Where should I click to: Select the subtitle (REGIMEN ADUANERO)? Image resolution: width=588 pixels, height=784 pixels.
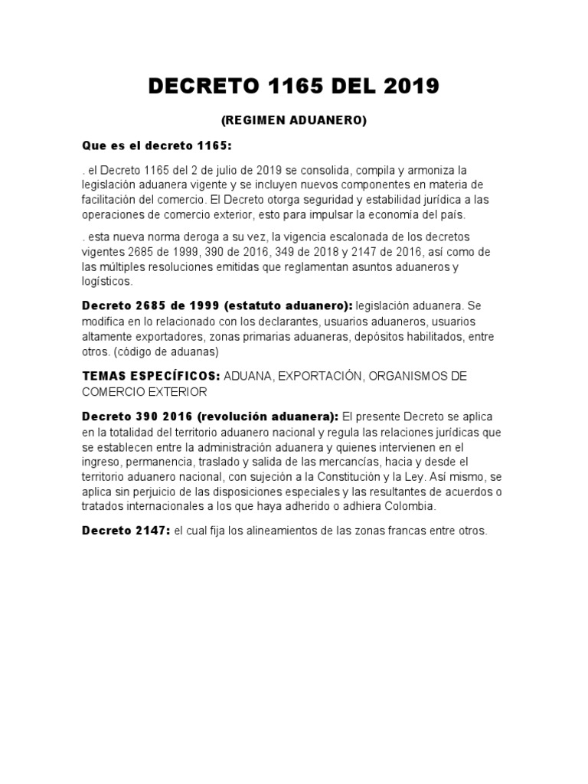[294, 120]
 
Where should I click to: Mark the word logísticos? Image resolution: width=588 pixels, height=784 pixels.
[107, 282]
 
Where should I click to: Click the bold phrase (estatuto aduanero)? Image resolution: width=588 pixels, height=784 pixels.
[289, 306]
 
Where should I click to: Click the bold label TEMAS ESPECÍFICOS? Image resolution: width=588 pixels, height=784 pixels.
[151, 376]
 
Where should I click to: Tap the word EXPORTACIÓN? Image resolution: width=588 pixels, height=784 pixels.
[326, 376]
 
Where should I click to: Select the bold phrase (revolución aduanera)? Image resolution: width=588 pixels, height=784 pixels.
[267, 416]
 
